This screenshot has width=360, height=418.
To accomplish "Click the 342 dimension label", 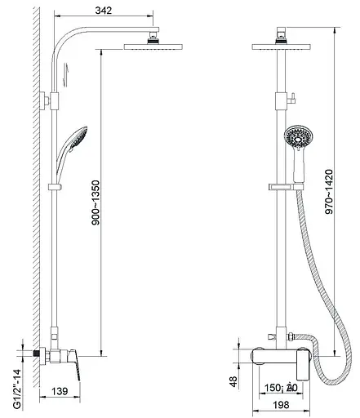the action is [104, 11].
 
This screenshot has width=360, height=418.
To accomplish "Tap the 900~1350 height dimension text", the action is [96, 202].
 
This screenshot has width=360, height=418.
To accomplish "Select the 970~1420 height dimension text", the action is [329, 192].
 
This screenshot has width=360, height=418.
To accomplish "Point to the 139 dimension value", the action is [60, 391].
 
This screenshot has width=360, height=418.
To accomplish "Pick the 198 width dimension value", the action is [281, 405].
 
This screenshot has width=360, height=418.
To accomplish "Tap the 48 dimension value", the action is [233, 382].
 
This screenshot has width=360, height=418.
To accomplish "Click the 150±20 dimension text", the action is [281, 387].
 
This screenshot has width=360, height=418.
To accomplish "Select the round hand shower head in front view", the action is [298, 138].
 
